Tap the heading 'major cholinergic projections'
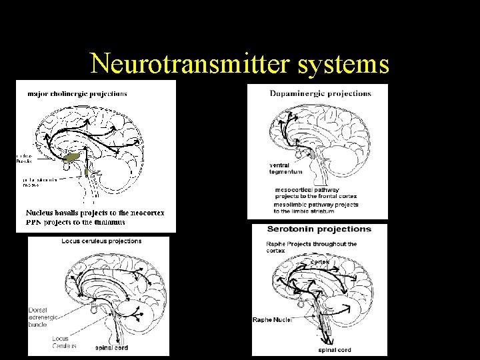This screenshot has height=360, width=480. click(x=77, y=93)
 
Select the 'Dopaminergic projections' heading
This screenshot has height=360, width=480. click(x=320, y=93)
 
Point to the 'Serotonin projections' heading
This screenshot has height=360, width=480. click(x=319, y=229)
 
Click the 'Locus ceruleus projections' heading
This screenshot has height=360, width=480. click(x=101, y=241)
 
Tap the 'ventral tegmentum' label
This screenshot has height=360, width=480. click(x=286, y=168)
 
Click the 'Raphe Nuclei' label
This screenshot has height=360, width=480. click(x=272, y=320)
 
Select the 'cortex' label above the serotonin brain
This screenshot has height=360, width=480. click(x=319, y=262)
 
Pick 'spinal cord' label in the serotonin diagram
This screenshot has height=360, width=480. click(x=335, y=350)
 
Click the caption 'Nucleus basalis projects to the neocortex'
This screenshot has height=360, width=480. click(x=95, y=213)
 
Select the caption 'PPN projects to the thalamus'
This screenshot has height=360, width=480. click(x=75, y=222)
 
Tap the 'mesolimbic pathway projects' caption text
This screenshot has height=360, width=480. click(x=316, y=205)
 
